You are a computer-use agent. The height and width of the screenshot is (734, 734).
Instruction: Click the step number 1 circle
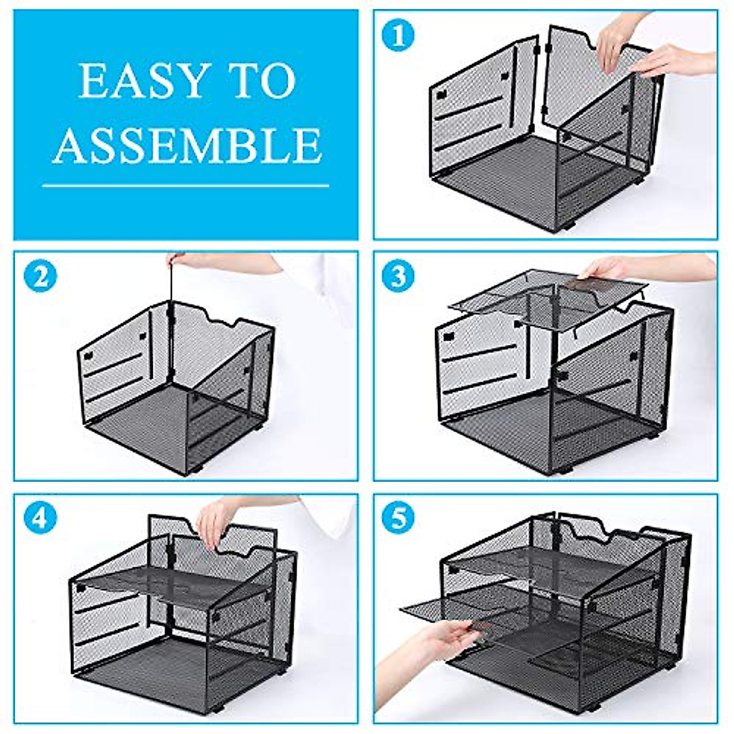click(398, 35)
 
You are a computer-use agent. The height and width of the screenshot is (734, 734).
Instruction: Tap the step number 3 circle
click(398, 276)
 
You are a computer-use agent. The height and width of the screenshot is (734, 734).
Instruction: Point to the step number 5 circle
click(398, 519)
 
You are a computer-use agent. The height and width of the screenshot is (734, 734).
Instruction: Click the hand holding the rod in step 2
click(183, 260)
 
